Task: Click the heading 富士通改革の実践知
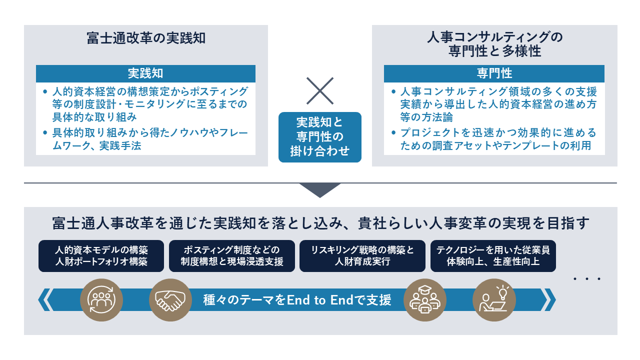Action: [146, 38]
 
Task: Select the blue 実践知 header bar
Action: [145, 73]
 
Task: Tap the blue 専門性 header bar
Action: [494, 73]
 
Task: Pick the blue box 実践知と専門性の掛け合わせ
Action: [319, 136]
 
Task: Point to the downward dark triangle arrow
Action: [320, 189]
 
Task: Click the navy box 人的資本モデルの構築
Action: [101, 256]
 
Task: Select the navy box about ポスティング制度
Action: [231, 256]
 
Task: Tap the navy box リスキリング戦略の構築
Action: [362, 256]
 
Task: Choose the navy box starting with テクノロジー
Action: [493, 256]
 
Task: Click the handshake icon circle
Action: [170, 300]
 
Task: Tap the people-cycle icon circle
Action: [101, 300]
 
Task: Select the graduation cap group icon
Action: [424, 300]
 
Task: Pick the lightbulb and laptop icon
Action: [493, 300]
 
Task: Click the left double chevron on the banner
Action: [45, 300]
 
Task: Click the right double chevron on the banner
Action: [548, 300]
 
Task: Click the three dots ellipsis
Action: [586, 278]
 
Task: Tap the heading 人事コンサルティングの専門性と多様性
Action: [494, 44]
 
